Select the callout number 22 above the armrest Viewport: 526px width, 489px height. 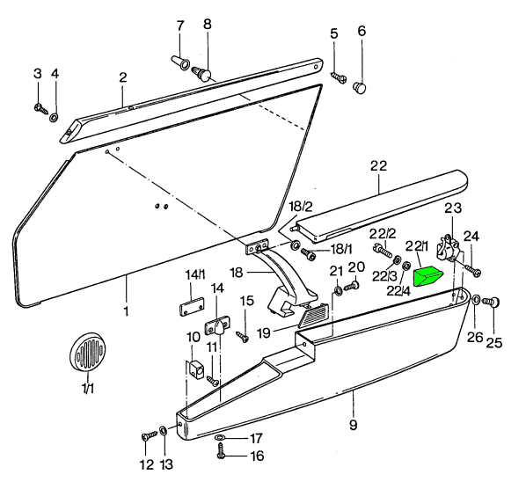point(378,164)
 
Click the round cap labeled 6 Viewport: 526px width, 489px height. point(361,88)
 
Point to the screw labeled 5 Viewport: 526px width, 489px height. point(339,77)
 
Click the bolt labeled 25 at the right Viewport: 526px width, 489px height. point(493,303)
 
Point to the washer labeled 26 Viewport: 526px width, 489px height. point(476,301)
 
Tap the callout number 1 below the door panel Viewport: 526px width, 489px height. point(125,310)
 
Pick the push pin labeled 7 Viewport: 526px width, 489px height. point(178,62)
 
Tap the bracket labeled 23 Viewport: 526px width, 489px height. point(453,252)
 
